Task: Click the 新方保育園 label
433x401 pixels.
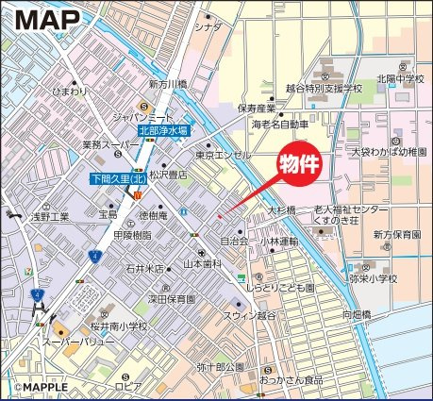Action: [x=395, y=234]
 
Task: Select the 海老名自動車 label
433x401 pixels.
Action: [x=280, y=124]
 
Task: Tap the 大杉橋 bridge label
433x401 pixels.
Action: [x=281, y=209]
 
